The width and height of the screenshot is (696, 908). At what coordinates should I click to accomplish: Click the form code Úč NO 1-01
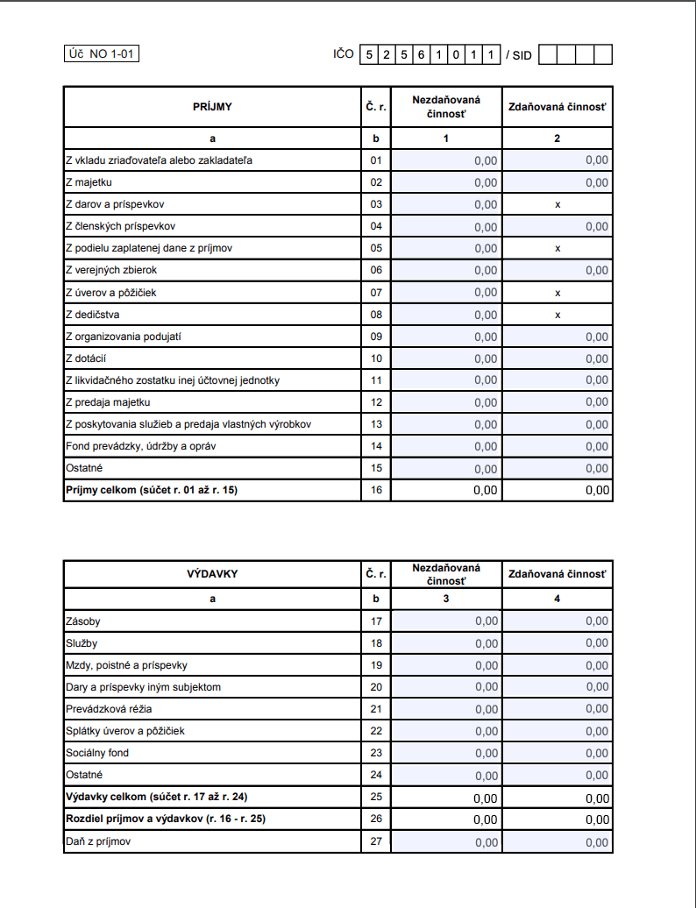point(103,54)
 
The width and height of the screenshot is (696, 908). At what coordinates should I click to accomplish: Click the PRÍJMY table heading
point(212,107)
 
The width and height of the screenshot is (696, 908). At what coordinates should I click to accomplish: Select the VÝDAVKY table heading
point(212,574)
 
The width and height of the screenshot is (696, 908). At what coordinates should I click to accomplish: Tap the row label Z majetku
point(89,182)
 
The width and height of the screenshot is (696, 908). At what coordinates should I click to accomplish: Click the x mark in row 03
point(558,204)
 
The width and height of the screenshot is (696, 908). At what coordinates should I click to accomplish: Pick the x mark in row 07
point(558,293)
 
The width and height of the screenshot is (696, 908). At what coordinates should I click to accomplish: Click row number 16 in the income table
point(376,490)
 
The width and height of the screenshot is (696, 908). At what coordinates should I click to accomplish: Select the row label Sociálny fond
point(97,753)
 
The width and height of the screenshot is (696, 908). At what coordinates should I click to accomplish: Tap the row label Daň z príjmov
point(99,841)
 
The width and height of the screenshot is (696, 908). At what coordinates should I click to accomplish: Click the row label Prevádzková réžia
point(103,709)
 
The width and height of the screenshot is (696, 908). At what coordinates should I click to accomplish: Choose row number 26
point(376,819)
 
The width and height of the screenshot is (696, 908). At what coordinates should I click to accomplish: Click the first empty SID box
point(548,55)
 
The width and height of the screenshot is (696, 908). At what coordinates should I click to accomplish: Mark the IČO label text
point(344,54)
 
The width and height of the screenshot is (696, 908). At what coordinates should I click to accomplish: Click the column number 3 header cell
point(446,599)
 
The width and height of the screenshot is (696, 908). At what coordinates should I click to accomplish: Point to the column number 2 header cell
point(558,138)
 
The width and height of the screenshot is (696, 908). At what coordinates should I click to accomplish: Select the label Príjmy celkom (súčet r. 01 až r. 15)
point(152,490)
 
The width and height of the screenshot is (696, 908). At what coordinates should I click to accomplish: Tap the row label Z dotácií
point(86,358)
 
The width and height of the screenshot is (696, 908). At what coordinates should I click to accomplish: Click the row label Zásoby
point(83,621)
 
